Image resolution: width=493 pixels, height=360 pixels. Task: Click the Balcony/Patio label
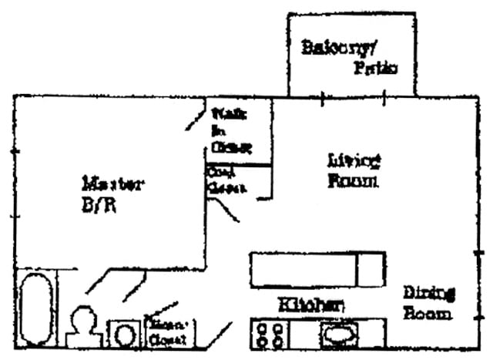pos(349,56)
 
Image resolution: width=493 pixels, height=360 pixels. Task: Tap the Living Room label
pos(354,171)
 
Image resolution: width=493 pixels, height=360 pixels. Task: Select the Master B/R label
pos(112,194)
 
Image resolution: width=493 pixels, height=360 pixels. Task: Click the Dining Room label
pos(428,302)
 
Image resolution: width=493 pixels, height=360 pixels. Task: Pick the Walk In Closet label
pos(231,131)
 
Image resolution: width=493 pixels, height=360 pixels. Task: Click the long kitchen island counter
pos(303,270)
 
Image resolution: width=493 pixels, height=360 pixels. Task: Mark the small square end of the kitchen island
pos(373,270)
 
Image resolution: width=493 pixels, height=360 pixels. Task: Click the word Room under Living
pos(353,182)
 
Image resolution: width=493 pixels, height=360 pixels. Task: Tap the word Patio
pos(375,68)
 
